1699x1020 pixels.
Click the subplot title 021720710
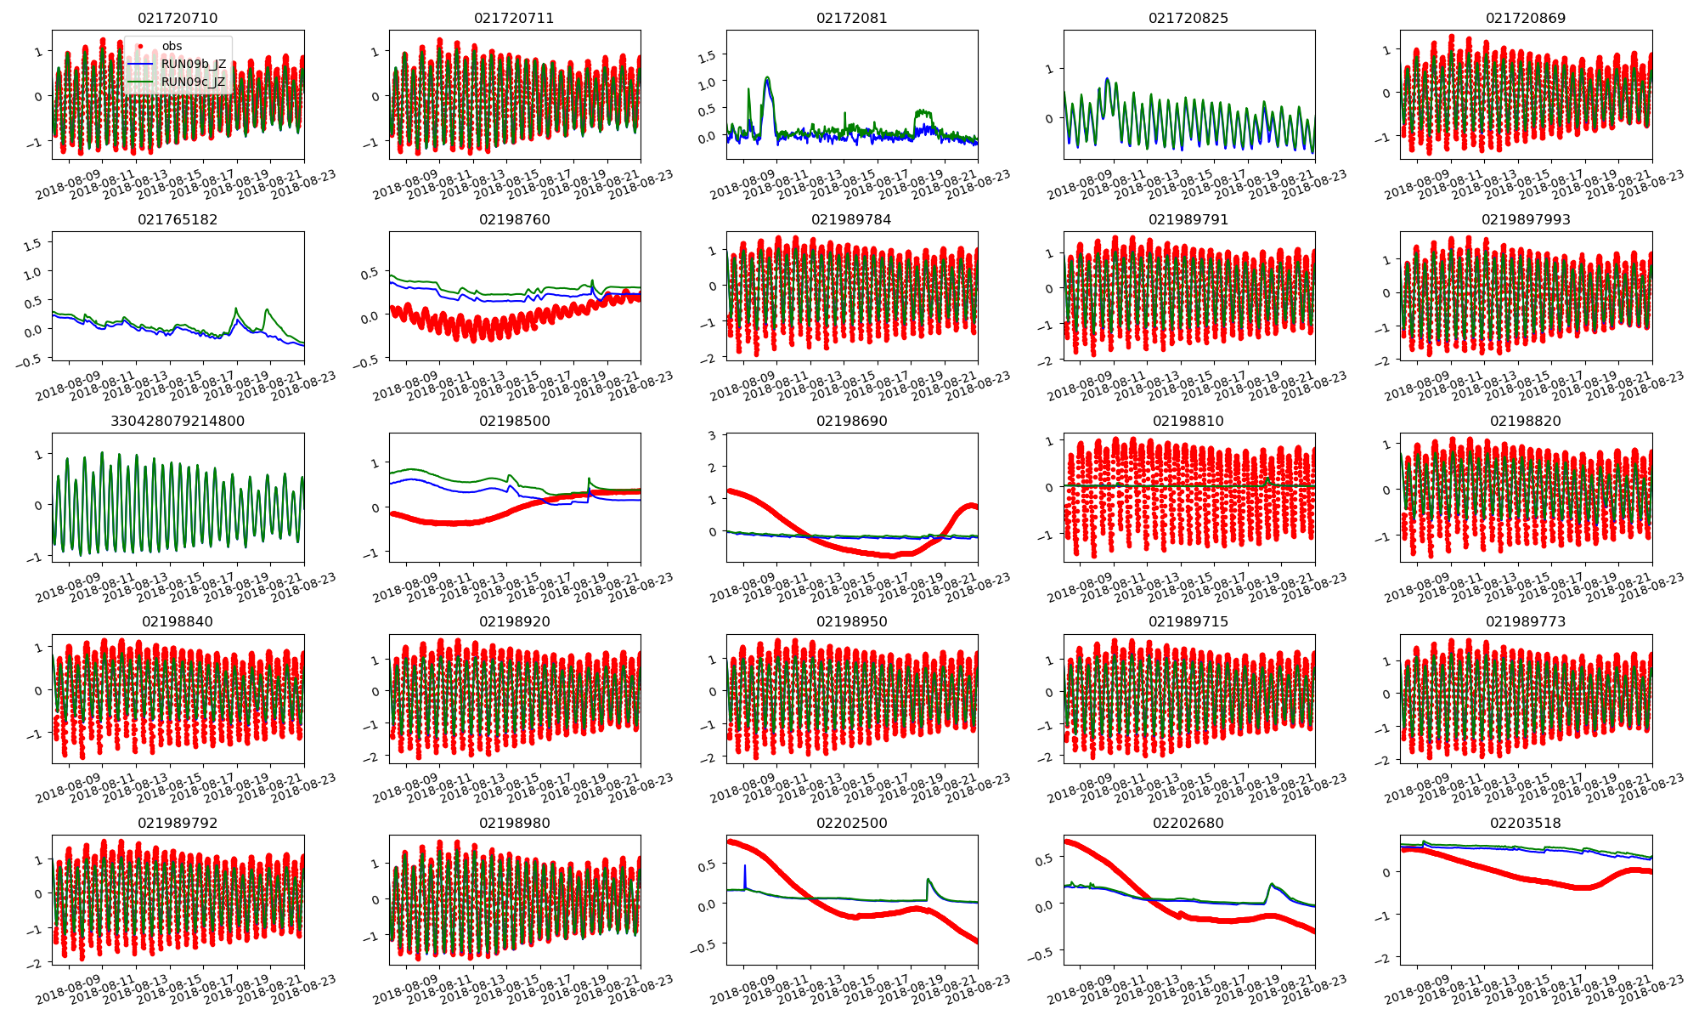178,18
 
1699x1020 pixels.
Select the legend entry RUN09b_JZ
194,64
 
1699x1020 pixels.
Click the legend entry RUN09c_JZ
194,82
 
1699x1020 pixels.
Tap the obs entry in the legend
172,46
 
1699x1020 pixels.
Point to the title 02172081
851,18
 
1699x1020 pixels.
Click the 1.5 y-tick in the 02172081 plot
707,55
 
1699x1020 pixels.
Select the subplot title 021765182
178,219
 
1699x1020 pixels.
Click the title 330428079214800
178,421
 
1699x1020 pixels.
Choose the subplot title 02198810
1188,421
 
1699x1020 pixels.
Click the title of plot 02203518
1526,823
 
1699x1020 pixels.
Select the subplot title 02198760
515,219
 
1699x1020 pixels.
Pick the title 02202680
1188,823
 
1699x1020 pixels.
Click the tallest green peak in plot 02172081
767,77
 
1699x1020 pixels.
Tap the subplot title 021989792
178,823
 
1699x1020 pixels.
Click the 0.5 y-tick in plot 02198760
370,274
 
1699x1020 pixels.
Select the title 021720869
1526,18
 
